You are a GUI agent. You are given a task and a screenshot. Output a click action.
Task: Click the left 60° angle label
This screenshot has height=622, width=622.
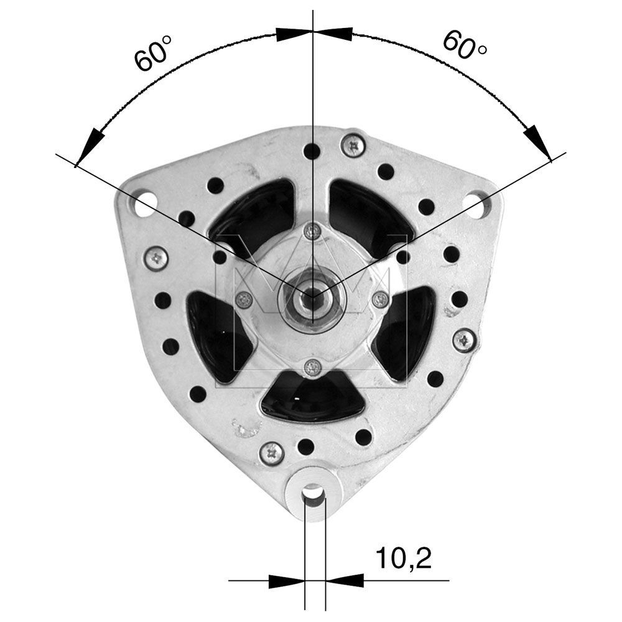[x=152, y=53]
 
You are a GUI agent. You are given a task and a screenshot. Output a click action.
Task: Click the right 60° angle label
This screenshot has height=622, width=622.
[x=464, y=45]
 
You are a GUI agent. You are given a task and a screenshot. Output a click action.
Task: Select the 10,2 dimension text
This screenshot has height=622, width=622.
[x=404, y=558]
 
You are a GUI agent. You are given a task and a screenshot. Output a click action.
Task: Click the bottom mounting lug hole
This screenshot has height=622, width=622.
[x=313, y=493]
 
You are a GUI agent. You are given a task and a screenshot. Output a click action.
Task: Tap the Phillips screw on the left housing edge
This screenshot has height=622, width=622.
[x=156, y=258]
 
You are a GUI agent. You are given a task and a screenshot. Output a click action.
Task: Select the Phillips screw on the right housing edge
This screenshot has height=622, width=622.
[x=464, y=340]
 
